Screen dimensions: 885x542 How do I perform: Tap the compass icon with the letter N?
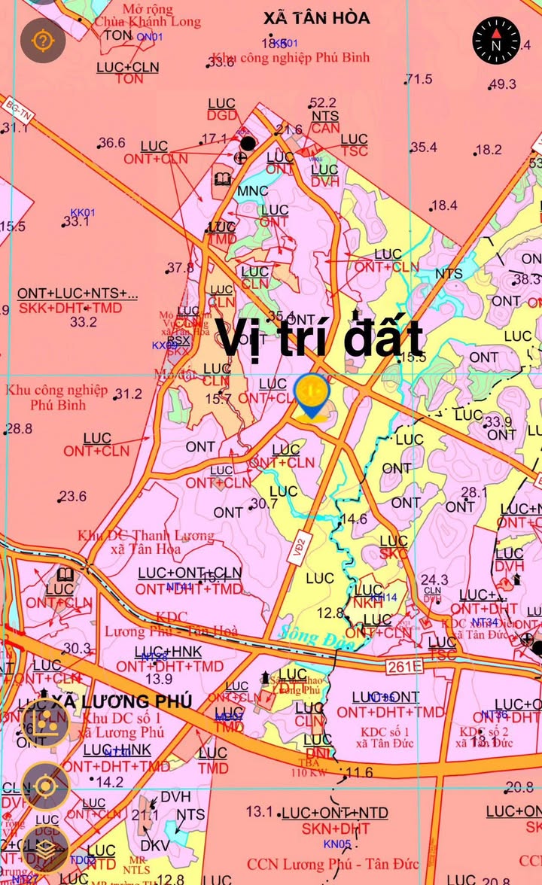[x=496, y=41]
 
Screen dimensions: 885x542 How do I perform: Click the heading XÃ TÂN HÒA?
[x=317, y=17]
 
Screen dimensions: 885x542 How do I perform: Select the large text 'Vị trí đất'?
[x=320, y=338]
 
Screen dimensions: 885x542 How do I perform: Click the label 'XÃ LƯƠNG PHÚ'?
[x=122, y=701]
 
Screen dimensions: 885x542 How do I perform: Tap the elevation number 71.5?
[x=419, y=79]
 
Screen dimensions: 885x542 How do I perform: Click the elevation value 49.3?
[x=503, y=84]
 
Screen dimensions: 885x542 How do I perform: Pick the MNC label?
[x=253, y=191]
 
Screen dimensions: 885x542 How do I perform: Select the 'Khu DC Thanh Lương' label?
[x=145, y=536]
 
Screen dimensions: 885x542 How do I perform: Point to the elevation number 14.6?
[x=354, y=519]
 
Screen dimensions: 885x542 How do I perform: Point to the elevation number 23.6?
[x=73, y=497]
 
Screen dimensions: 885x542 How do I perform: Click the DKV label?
[x=155, y=846]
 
